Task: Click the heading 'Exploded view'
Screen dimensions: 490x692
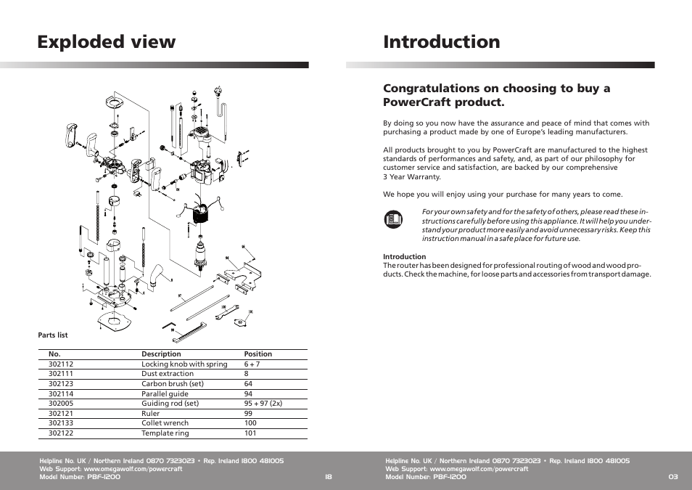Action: [107, 42]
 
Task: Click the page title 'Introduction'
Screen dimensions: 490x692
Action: [442, 42]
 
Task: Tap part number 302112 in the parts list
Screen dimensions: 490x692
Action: [61, 364]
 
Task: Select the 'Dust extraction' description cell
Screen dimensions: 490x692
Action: [168, 374]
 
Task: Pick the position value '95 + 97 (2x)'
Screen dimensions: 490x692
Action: [263, 404]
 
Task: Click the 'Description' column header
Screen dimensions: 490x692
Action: [161, 354]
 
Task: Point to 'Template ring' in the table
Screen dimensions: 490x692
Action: [165, 433]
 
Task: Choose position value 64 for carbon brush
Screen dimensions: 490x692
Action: [248, 384]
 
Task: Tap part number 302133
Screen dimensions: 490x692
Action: [61, 423]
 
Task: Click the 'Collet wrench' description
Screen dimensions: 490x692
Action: [165, 423]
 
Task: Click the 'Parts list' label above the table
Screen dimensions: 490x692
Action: [53, 335]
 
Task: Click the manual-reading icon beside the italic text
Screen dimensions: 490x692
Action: [392, 218]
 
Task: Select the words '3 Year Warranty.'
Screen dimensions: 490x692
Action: [411, 177]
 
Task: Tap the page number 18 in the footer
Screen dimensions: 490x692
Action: [329, 477]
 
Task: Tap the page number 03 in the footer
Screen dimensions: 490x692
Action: [673, 477]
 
